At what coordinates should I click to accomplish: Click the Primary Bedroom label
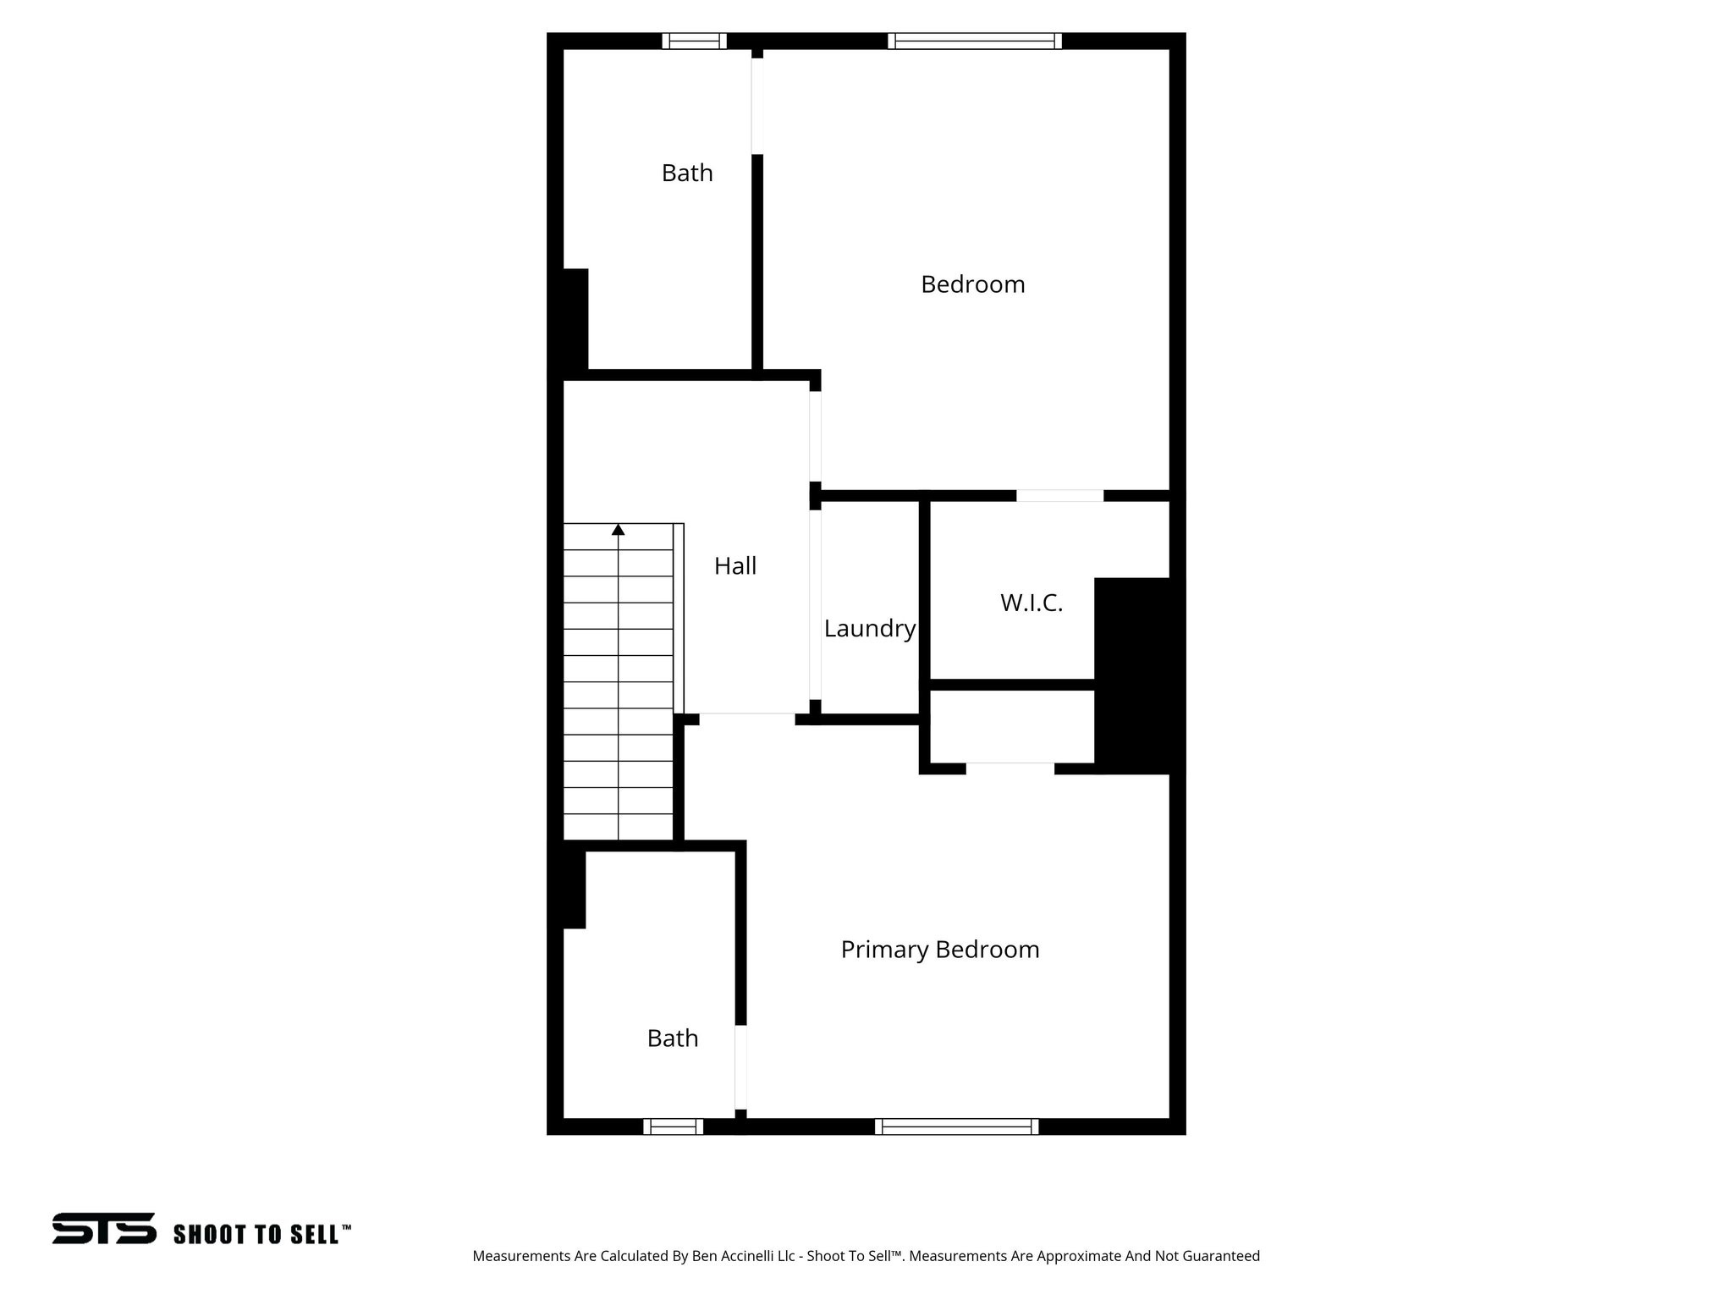pyautogui.click(x=939, y=950)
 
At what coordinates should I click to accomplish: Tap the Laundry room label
pyautogui.click(x=869, y=629)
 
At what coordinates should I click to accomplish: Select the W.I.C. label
pyautogui.click(x=1031, y=603)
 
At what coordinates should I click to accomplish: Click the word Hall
pyautogui.click(x=734, y=566)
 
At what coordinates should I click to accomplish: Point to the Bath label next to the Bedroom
pyautogui.click(x=686, y=173)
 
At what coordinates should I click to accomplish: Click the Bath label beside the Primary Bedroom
pyautogui.click(x=672, y=1038)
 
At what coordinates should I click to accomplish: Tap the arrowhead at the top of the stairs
pyautogui.click(x=619, y=530)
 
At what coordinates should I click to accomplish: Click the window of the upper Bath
pyautogui.click(x=694, y=41)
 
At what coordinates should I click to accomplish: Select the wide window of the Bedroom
pyautogui.click(x=975, y=41)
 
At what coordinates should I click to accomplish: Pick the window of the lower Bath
pyautogui.click(x=673, y=1126)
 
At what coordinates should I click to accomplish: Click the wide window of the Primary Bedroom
pyautogui.click(x=956, y=1126)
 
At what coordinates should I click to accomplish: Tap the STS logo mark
pyautogui.click(x=104, y=1228)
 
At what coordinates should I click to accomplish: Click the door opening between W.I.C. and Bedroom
pyautogui.click(x=1059, y=495)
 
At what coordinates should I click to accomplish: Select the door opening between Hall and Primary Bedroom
pyautogui.click(x=746, y=719)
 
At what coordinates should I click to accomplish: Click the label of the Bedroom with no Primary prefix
pyautogui.click(x=972, y=284)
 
